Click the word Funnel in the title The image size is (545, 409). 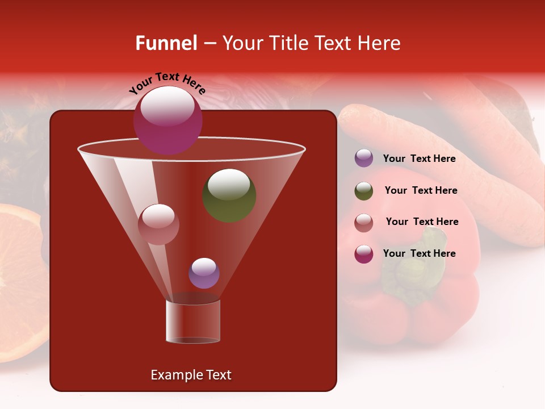166,43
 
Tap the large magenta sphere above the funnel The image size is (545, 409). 168,120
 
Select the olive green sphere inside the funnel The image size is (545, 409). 229,195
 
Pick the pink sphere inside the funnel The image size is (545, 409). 158,224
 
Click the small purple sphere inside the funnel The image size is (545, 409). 204,273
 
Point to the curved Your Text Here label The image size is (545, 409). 167,84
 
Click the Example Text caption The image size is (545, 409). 191,375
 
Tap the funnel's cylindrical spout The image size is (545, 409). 193,322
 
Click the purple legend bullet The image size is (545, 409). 364,158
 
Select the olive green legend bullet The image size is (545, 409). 364,191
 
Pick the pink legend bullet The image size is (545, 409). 364,222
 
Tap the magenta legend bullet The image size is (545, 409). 364,254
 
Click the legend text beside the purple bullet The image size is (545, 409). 419,158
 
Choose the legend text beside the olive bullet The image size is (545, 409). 421,191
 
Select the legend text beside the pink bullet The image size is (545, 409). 422,222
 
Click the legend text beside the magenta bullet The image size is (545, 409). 419,254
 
